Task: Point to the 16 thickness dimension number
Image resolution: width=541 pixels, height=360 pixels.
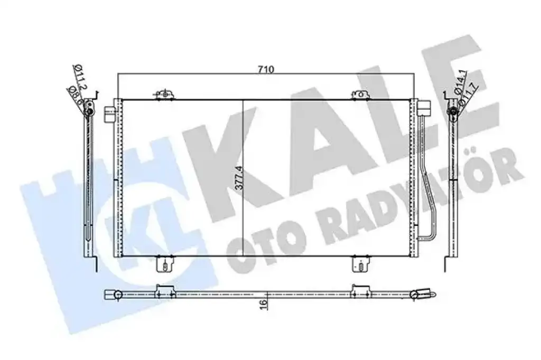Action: click(263, 304)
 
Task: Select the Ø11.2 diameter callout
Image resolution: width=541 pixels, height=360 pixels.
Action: click(80, 77)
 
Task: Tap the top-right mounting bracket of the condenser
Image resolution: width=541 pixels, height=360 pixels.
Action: click(361, 95)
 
